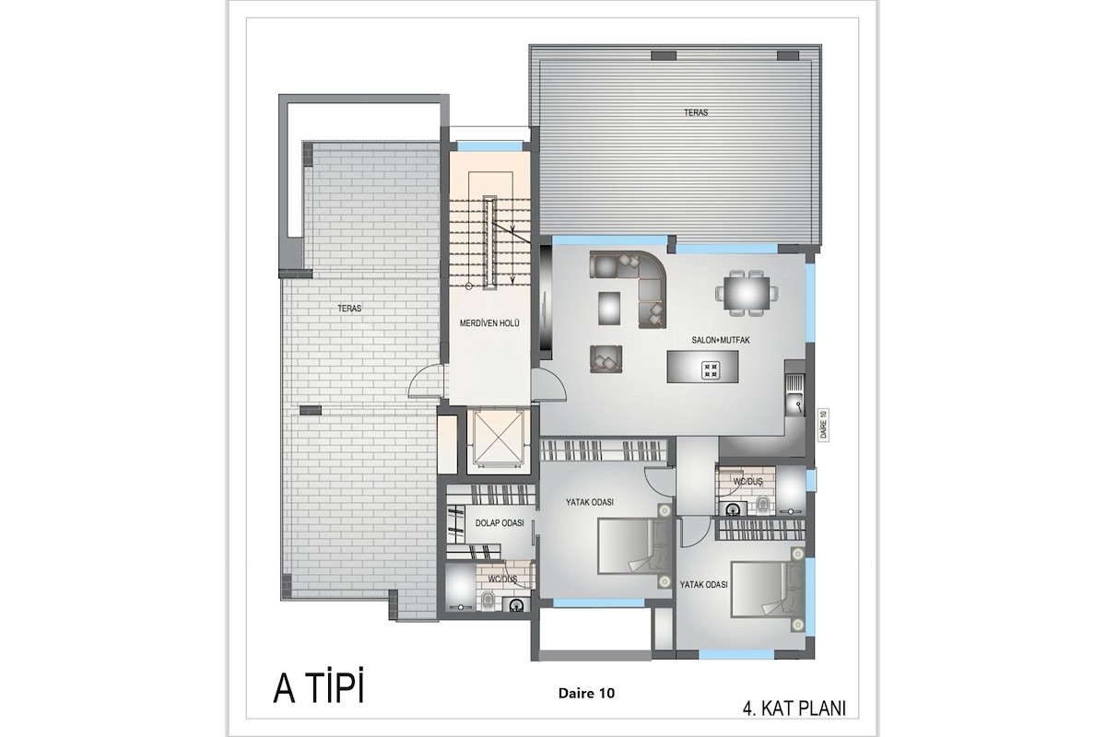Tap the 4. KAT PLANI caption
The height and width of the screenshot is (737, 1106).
point(794,708)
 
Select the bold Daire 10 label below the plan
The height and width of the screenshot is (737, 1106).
point(586,694)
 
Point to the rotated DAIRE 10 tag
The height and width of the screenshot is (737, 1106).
point(823,425)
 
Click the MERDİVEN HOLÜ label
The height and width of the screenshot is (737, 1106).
point(489,324)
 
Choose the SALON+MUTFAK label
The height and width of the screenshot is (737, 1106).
point(721,340)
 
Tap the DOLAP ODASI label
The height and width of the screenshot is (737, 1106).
point(500,522)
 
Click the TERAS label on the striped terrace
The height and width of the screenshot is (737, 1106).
point(696,112)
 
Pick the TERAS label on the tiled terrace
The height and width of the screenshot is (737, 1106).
point(349,309)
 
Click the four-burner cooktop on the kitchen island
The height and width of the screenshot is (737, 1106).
point(711,370)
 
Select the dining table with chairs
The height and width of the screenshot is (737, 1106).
point(747,294)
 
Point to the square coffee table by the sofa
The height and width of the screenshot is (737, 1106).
point(609,308)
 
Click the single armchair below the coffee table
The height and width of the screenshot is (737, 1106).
point(606,359)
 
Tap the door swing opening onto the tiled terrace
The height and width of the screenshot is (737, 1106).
point(426,380)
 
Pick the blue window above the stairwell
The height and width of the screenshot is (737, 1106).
point(489,146)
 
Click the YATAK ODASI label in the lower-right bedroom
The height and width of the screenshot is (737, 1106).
point(703,585)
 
